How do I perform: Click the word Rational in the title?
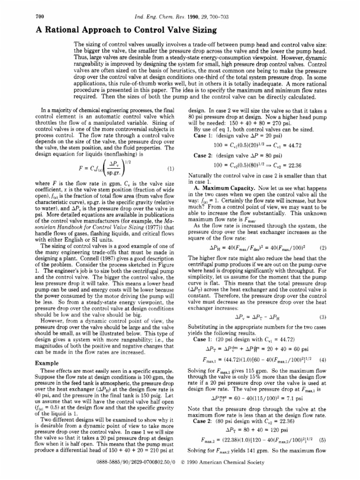tap(64, 30)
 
